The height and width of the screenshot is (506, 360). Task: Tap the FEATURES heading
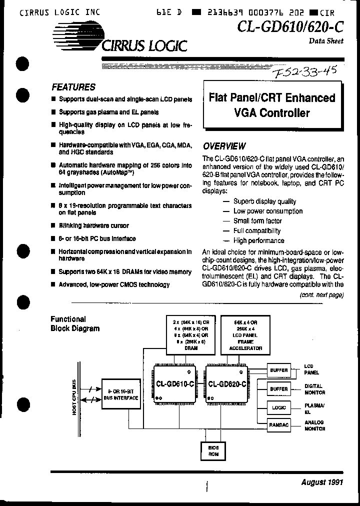click(x=73, y=87)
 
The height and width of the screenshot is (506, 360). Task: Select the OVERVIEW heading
click(x=224, y=146)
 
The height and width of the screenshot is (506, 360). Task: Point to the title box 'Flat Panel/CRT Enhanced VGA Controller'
click(x=271, y=105)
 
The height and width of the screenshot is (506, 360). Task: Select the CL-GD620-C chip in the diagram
click(x=226, y=384)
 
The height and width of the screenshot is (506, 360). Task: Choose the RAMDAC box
click(x=278, y=424)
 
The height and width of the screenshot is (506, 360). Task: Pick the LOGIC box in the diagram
click(x=278, y=406)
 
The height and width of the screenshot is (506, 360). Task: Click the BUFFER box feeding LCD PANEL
click(x=278, y=370)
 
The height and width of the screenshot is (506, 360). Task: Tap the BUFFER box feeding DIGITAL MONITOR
click(x=278, y=388)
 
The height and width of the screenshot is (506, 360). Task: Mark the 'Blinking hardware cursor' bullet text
click(x=93, y=225)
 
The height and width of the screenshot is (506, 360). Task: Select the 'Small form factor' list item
click(x=257, y=221)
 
